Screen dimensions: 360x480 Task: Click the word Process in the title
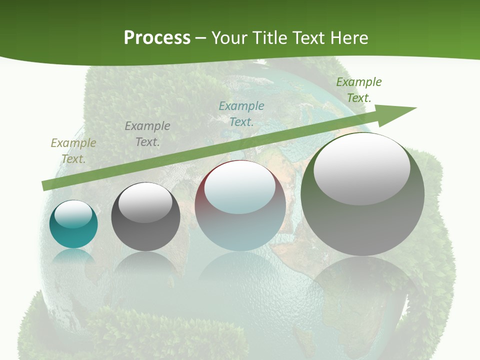(x=157, y=38)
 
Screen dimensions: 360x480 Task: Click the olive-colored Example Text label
(x=73, y=151)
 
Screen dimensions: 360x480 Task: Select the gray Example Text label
(x=147, y=134)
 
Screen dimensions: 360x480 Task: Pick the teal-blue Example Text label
(x=241, y=114)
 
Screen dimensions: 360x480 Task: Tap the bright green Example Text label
(x=358, y=90)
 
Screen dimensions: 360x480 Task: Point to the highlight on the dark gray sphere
(x=145, y=203)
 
